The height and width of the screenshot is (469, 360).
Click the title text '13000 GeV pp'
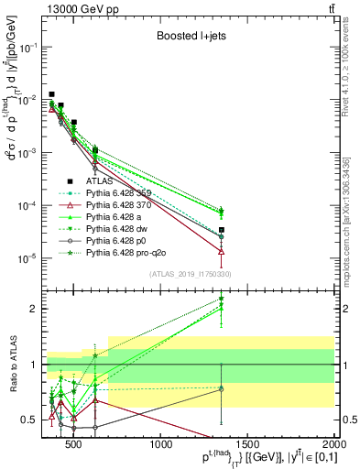click(x=54, y=8)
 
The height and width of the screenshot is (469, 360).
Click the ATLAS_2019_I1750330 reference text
click(x=184, y=274)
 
